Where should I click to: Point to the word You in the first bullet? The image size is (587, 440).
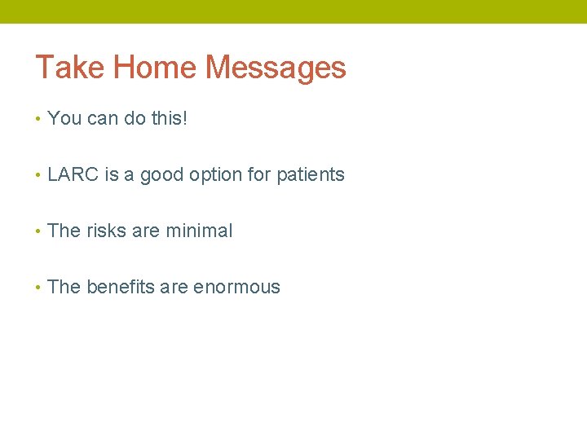point(64,118)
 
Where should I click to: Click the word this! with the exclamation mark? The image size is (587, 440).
point(170,118)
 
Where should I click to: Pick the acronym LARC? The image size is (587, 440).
point(73,174)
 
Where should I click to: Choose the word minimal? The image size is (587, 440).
point(199,231)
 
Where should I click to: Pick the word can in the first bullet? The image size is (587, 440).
point(103,119)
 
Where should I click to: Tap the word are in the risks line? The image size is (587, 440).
point(146,231)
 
